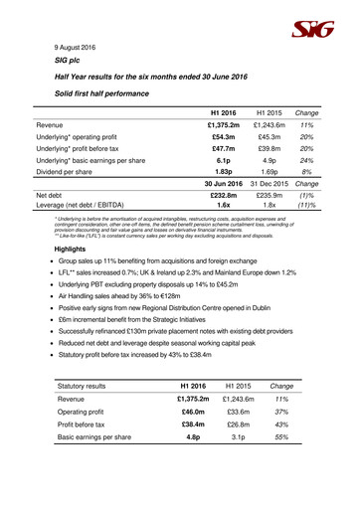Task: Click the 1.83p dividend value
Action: [225, 200]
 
